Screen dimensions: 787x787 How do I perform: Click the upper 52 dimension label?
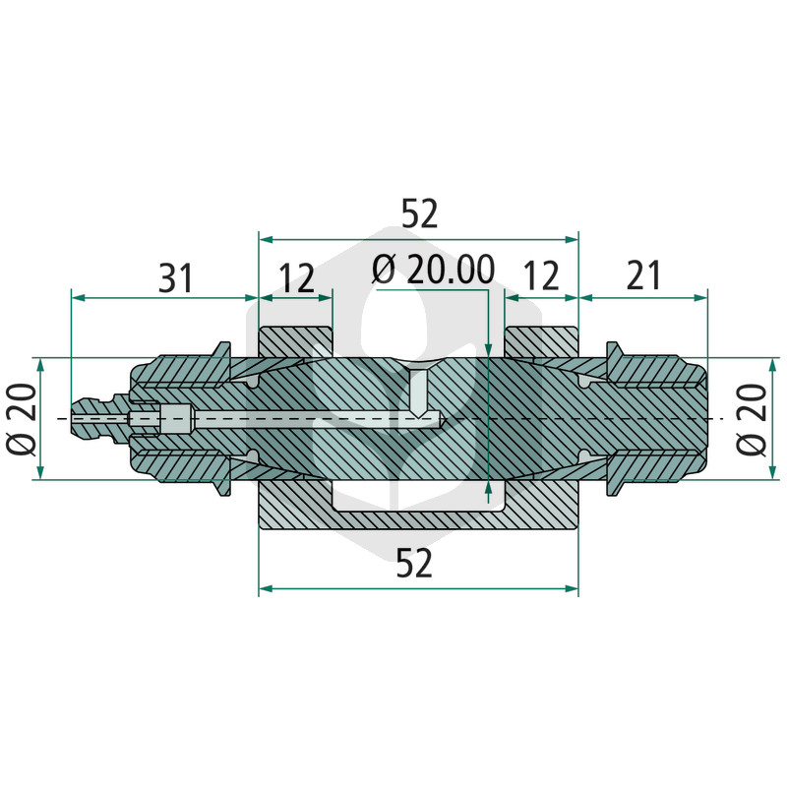click(420, 213)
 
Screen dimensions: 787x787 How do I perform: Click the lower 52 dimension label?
click(414, 563)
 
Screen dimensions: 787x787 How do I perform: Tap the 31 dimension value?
click(175, 278)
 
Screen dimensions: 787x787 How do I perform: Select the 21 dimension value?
click(643, 275)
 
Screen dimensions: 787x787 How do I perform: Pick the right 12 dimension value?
click(540, 275)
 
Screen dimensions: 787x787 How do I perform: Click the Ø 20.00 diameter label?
click(433, 270)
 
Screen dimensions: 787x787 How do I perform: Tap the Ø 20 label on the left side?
click(22, 419)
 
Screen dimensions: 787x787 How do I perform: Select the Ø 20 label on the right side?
click(752, 419)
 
